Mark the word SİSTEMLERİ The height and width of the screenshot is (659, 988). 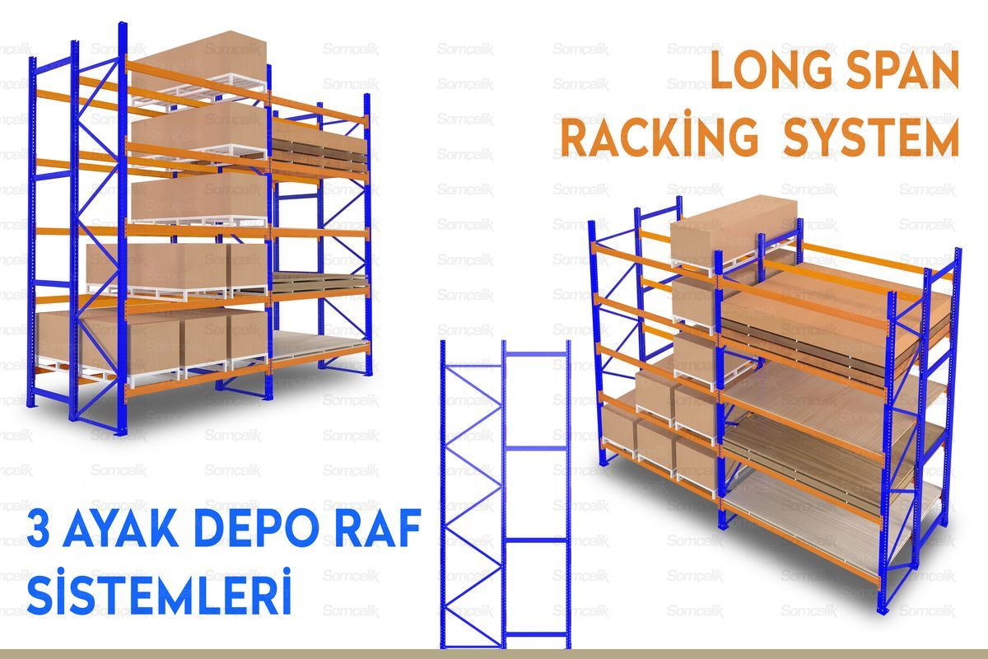(161, 595)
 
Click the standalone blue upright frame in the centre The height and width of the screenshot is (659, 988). (505, 494)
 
